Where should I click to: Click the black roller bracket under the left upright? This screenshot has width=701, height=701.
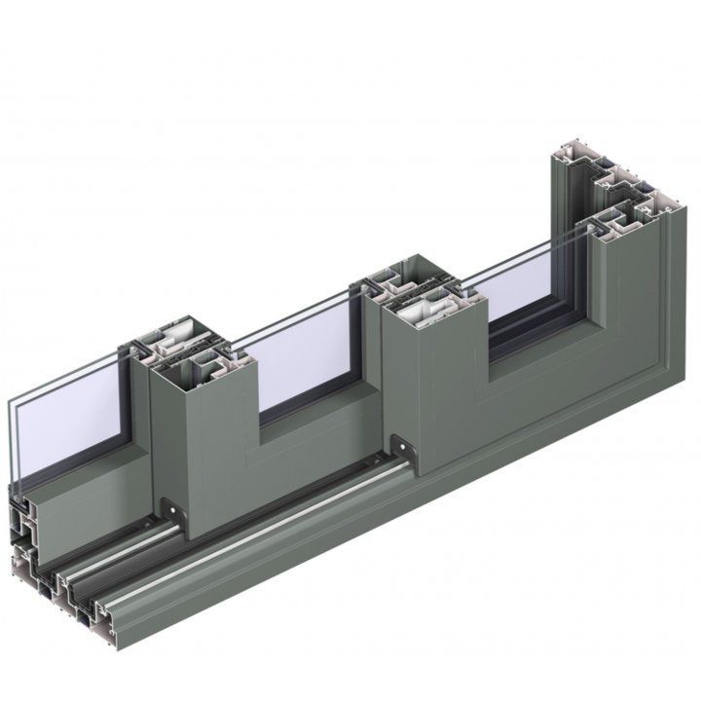171,510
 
